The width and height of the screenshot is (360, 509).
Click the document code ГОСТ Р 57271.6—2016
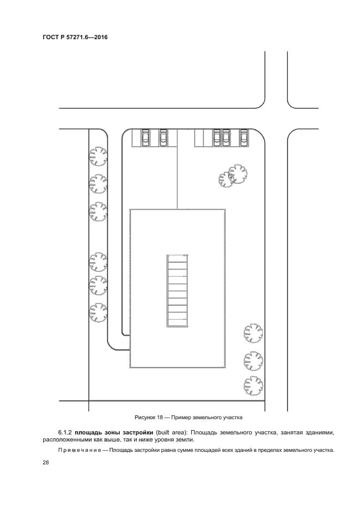tap(75, 38)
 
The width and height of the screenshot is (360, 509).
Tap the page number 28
tap(45, 463)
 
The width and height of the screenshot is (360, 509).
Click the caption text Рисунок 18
tap(148, 418)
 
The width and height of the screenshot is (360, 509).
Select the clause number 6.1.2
tap(65, 433)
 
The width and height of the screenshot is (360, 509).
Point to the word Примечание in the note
tap(72, 450)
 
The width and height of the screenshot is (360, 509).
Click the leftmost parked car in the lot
tap(145, 137)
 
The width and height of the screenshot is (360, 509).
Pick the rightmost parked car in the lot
tap(244, 137)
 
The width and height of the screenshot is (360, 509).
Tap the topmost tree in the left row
tap(99, 157)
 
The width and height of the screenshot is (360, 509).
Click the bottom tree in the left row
tap(99, 312)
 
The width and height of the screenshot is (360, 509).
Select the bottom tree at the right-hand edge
tap(254, 387)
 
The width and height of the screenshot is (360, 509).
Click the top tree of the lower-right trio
tap(254, 333)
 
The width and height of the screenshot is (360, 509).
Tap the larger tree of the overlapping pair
tap(237, 174)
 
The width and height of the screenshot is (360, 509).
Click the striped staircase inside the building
tap(177, 291)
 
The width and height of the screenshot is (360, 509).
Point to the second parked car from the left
tap(163, 137)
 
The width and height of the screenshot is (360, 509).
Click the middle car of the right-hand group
tap(226, 137)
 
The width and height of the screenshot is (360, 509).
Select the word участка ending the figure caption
tap(233, 418)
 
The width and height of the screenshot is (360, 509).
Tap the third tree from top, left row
tap(99, 211)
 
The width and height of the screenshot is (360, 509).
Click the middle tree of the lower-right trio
tap(254, 360)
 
